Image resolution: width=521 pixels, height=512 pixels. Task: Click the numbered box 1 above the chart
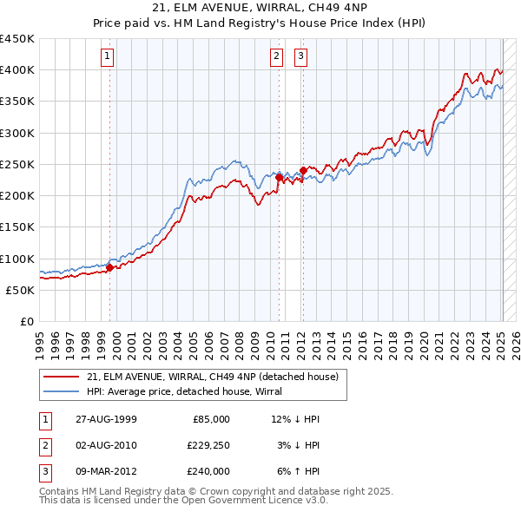[107, 57]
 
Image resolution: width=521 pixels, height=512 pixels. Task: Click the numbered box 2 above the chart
[276, 57]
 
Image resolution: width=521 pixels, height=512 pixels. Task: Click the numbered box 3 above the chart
[300, 57]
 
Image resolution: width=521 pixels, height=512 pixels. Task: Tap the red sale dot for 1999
[110, 268]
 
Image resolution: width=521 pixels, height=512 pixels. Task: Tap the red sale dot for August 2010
[279, 177]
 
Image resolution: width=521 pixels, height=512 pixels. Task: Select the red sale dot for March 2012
[303, 170]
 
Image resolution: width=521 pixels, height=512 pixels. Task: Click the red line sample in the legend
[61, 376]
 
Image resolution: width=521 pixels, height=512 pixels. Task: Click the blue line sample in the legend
[61, 391]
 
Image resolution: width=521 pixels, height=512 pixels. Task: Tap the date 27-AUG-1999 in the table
[105, 419]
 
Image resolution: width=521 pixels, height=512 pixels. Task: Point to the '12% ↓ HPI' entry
[295, 419]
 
